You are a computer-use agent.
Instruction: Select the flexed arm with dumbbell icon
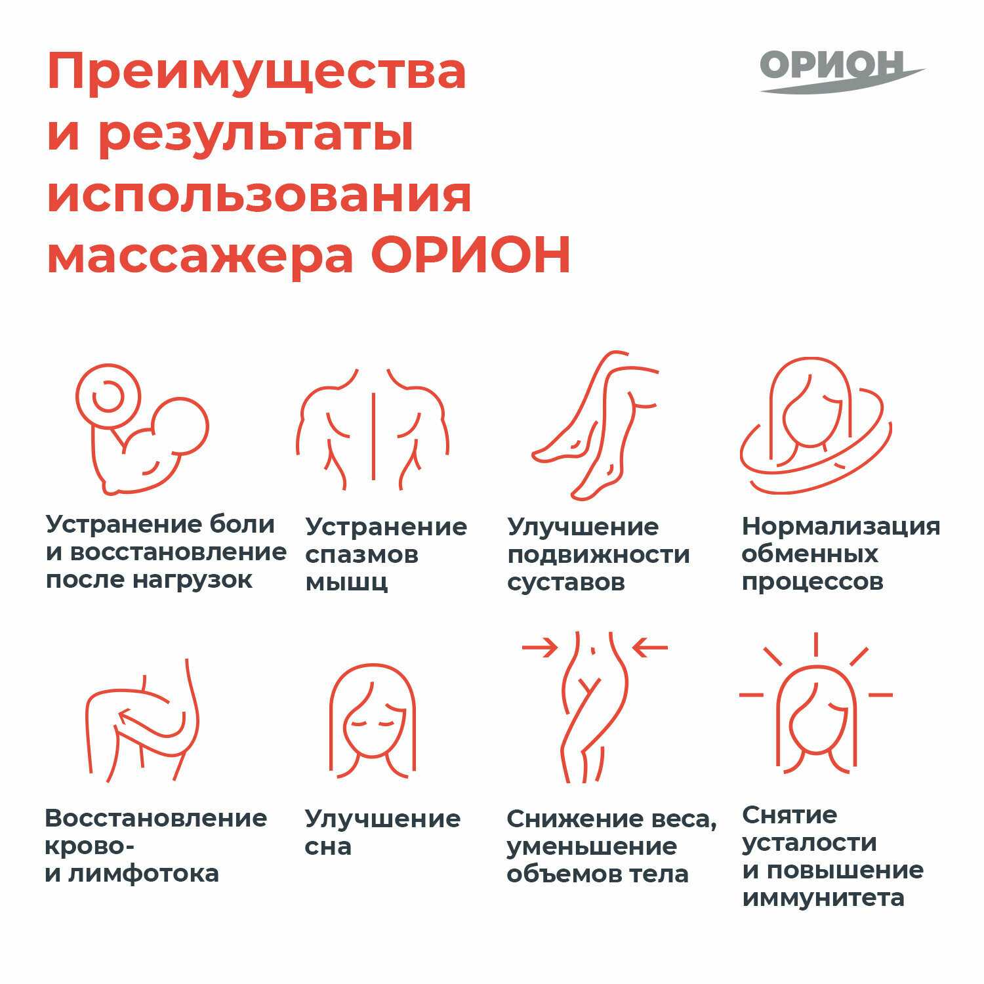tap(142, 430)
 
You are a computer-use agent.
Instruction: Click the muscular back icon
tap(373, 427)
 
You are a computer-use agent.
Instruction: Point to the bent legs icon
tap(596, 426)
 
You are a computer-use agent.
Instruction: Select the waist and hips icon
tap(594, 707)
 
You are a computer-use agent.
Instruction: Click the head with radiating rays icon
tap(815, 702)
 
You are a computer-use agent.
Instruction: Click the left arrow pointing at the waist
tap(539, 648)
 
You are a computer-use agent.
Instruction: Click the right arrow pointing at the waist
tap(649, 648)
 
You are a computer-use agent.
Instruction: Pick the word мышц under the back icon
tap(346, 583)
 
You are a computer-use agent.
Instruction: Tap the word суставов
tap(566, 583)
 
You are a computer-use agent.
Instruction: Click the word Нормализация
tap(841, 526)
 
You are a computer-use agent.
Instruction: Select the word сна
tap(328, 846)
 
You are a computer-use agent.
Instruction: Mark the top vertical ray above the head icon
tap(815, 645)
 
